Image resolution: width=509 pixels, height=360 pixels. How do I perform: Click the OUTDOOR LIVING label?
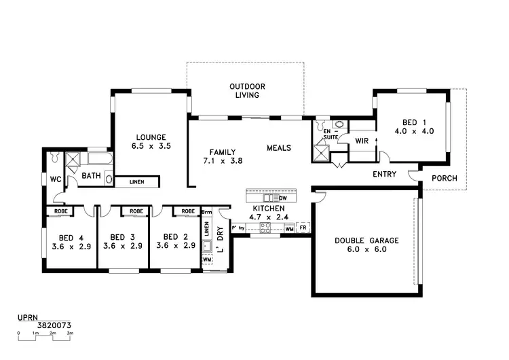coord(246,91)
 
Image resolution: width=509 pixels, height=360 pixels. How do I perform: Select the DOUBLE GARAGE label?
coord(365,245)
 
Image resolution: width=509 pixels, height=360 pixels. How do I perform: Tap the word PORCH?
coord(445,179)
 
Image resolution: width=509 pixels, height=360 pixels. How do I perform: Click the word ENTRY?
coord(385,175)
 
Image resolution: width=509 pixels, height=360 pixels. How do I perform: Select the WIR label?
coord(361,141)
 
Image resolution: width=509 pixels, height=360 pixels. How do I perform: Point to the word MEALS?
coord(279,147)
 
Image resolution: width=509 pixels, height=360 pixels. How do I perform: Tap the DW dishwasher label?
coord(282,198)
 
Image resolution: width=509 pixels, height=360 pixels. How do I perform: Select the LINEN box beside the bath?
coord(136,181)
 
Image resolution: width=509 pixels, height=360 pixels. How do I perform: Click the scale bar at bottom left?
coord(44,333)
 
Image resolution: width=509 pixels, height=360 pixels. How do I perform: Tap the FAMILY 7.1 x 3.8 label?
coord(222,156)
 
